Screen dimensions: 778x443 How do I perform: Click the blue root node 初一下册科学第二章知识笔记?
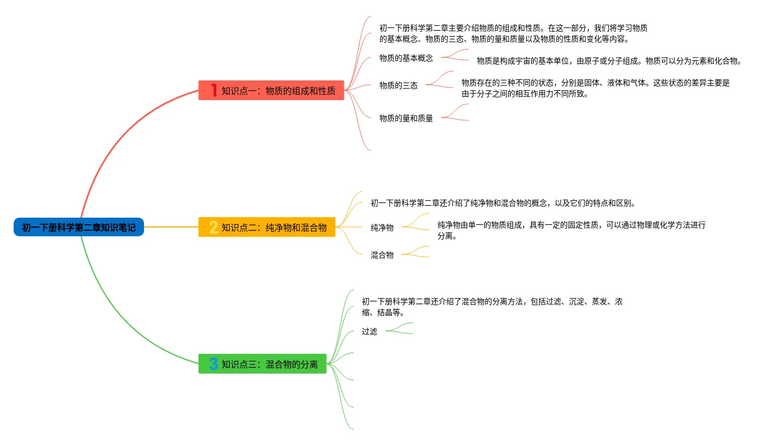[x=79, y=227]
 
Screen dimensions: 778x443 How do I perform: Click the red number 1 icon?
[x=214, y=90]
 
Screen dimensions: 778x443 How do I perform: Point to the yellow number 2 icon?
[x=214, y=227]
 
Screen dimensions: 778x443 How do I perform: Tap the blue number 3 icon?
[x=214, y=364]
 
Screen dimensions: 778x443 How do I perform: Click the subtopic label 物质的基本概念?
[x=406, y=58]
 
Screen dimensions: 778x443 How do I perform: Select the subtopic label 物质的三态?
[x=398, y=85]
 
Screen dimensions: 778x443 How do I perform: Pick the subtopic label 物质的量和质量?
[x=406, y=118]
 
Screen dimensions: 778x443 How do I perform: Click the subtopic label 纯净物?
[x=382, y=228]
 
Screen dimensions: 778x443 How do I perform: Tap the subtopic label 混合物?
[x=382, y=255]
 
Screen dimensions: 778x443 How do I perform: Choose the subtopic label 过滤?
[x=369, y=331]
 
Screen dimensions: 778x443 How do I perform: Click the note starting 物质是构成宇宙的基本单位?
[x=609, y=61]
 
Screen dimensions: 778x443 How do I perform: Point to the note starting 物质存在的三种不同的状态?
[x=595, y=88]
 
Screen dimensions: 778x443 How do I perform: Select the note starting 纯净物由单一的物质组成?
[x=571, y=230]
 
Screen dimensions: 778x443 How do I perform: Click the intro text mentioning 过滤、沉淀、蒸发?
[x=492, y=307]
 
